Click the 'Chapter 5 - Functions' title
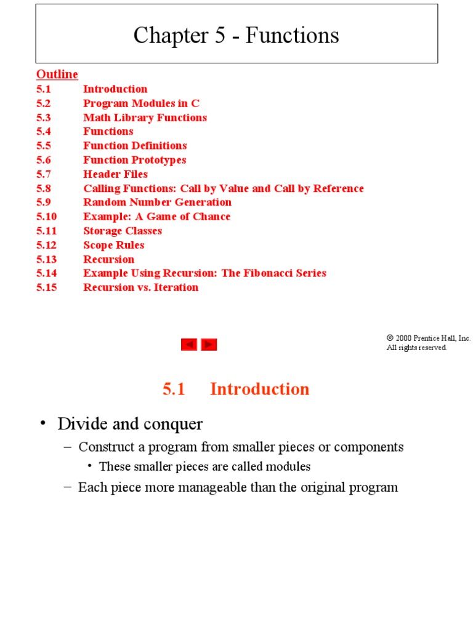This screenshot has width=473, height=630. pos(236,36)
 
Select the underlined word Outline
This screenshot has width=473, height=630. pos(57,74)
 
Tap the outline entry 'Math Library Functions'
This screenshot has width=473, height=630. pos(145,118)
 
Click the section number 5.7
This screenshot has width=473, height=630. pos(43,174)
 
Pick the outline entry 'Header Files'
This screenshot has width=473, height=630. pos(115,174)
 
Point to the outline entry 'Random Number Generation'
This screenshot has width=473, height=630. pos(157,202)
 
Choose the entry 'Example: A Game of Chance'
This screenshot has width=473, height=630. pos(156,217)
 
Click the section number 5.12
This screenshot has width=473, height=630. pos(46,245)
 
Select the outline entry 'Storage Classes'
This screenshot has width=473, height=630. pos(123,231)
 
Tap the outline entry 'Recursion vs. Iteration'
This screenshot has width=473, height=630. pos(140,287)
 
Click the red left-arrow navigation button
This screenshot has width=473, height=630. pos(188,345)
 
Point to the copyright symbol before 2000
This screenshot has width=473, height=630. pos(390,338)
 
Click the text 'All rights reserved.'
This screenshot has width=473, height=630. pos(416,348)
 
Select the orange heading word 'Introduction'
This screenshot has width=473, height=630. pos(259,389)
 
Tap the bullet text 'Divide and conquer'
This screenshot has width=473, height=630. pos(130,424)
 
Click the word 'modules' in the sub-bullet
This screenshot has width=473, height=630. pos(289,466)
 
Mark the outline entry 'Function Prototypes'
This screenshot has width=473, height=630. pos(134,160)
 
